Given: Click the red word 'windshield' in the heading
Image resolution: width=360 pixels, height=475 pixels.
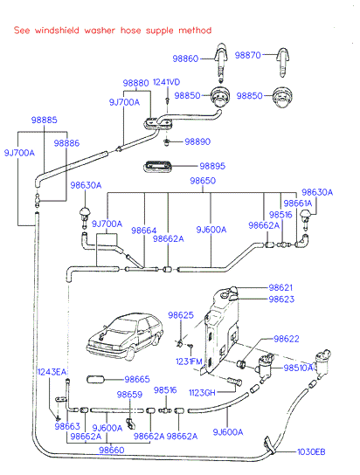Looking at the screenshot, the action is pyautogui.click(x=57, y=31).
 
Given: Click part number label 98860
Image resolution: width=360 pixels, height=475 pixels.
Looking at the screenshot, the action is pyautogui.click(x=185, y=59).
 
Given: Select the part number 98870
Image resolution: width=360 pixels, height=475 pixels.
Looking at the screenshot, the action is pyautogui.click(x=247, y=55).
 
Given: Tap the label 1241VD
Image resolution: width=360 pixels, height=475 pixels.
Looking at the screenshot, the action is pyautogui.click(x=166, y=82).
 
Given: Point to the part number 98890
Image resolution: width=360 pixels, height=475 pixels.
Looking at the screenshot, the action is pyautogui.click(x=197, y=141).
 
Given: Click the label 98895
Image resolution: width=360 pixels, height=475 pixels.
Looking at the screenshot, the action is pyautogui.click(x=212, y=166).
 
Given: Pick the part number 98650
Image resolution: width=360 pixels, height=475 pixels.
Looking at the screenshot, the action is pyautogui.click(x=203, y=181).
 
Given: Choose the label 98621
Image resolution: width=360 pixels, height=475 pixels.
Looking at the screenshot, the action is pyautogui.click(x=280, y=287).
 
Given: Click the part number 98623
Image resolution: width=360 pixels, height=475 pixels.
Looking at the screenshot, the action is pyautogui.click(x=281, y=299).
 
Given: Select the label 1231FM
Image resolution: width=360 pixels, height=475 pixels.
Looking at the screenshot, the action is pyautogui.click(x=189, y=361).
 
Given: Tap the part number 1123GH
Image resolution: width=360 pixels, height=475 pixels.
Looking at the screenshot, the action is pyautogui.click(x=202, y=393).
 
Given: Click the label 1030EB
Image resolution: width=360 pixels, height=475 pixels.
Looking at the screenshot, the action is pyautogui.click(x=311, y=452).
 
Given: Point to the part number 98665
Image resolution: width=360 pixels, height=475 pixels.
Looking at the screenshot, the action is pyautogui.click(x=137, y=379).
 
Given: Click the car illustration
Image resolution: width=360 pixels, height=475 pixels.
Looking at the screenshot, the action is pyautogui.click(x=125, y=337).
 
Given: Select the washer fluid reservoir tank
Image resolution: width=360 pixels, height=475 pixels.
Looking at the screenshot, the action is pyautogui.click(x=220, y=330).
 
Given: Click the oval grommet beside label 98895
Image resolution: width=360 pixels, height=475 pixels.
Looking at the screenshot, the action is pyautogui.click(x=157, y=167).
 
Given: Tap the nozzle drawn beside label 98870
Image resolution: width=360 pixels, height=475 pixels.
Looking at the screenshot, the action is pyautogui.click(x=283, y=62).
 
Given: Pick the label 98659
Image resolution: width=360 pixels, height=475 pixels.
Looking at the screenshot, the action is pyautogui.click(x=129, y=395).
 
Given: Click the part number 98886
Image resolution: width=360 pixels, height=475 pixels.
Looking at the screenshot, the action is pyautogui.click(x=66, y=143).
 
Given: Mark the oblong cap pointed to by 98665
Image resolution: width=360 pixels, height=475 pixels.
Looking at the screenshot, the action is pyautogui.click(x=95, y=379).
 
